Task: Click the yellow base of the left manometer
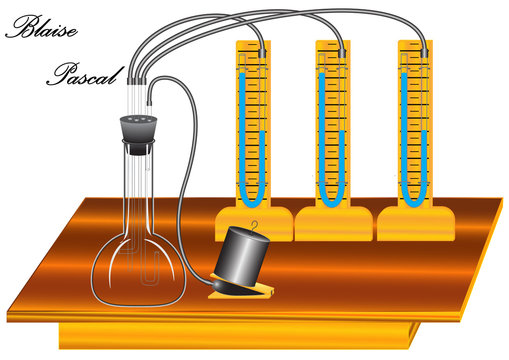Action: tap(254, 223)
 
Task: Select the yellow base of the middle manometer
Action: tap(335, 223)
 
